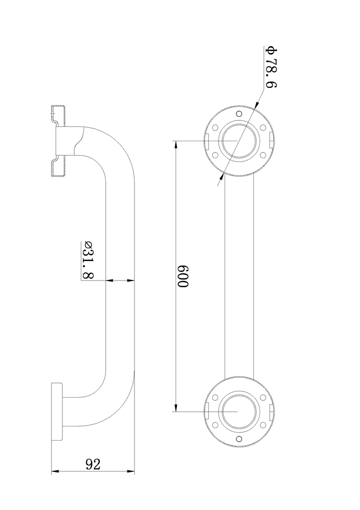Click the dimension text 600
click(x=183, y=277)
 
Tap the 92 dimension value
click(x=92, y=464)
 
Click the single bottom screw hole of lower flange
click(x=239, y=439)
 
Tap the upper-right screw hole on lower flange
click(x=262, y=398)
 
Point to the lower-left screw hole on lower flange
click(x=215, y=425)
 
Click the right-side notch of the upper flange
click(x=269, y=141)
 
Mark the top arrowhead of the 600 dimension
click(x=176, y=144)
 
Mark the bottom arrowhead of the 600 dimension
click(x=176, y=407)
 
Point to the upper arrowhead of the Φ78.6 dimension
click(x=255, y=107)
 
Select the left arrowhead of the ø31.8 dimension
click(x=109, y=280)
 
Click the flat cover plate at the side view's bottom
click(x=57, y=411)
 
